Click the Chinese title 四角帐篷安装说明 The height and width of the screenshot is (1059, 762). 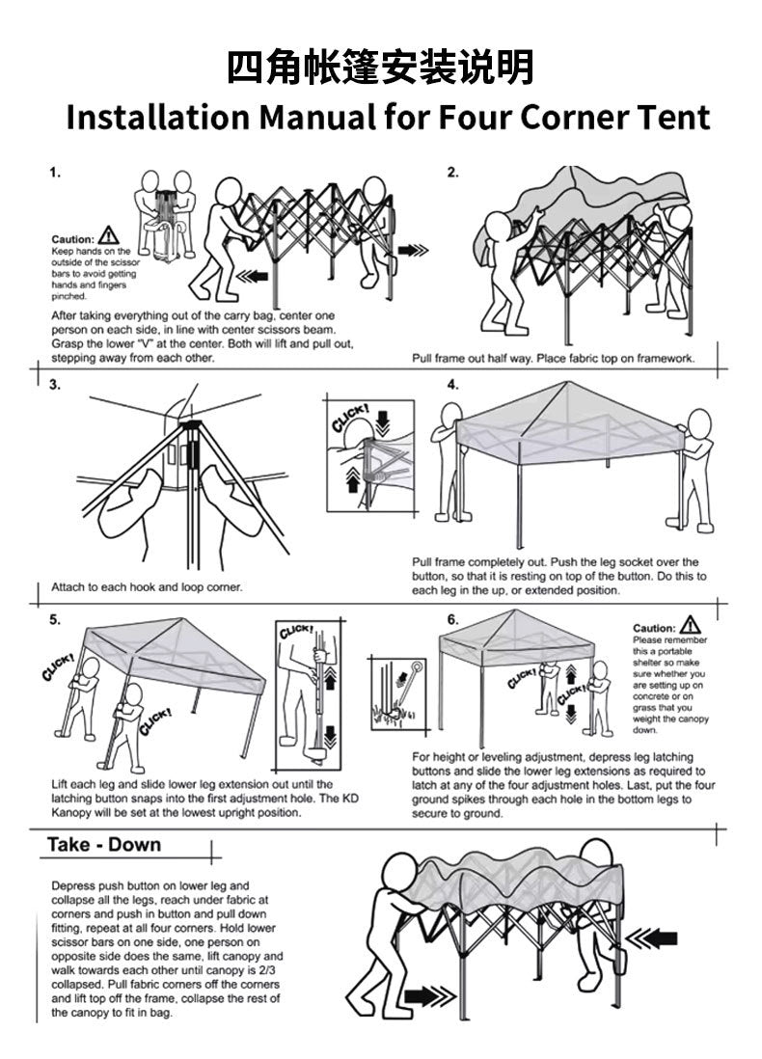(380, 68)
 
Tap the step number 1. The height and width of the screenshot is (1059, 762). (56, 174)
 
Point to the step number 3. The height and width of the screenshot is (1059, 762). (55, 385)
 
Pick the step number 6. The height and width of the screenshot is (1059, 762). (452, 619)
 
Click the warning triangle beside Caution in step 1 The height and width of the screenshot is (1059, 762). (109, 234)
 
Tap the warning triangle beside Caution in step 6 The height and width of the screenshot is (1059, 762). (691, 625)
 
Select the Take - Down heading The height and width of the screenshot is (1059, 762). (105, 845)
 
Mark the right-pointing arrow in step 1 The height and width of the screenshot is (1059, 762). (412, 250)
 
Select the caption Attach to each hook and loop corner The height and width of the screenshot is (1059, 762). (147, 586)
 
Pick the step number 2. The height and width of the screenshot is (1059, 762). (452, 174)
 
